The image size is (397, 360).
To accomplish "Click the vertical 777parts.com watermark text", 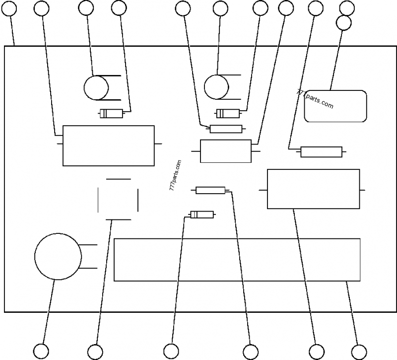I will pos(175,176).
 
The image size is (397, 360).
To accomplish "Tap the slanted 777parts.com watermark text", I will pos(315,99).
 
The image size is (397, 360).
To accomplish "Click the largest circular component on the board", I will pos(58,256).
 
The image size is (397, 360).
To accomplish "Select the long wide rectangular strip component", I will pos(237,260).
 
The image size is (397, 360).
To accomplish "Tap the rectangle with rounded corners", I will pos(335,106).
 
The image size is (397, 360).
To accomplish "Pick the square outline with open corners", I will pos(118,199).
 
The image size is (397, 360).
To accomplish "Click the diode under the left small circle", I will pos(112,114).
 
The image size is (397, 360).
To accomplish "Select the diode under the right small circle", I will pos(228,114).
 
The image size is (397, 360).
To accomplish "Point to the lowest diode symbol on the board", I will pos(202,215).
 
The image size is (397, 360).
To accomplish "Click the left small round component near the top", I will pos(96,88).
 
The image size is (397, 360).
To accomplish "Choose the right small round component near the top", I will pos(217,87).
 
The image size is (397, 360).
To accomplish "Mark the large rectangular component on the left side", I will pos(108,145).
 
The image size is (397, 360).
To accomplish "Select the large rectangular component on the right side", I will pos(313,189).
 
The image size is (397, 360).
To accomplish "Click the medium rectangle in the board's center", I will pos(225,151).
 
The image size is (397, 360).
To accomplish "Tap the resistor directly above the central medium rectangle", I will pos(226,129).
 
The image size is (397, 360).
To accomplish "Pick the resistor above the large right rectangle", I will pos(321,151).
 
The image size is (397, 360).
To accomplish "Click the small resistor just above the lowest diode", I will pos(210,190).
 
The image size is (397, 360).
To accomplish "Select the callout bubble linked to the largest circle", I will pos(42,351).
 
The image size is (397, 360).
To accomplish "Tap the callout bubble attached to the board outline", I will pos(10,7).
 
